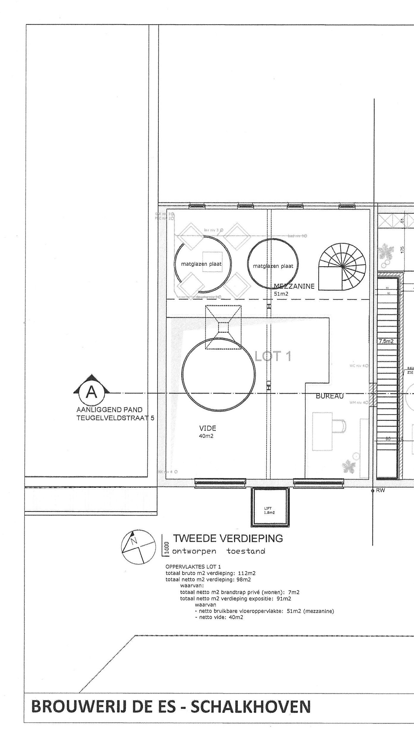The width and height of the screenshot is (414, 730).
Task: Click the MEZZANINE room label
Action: click(294, 286)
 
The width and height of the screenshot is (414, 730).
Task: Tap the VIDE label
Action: click(207, 428)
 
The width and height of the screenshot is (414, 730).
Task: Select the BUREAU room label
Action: click(330, 396)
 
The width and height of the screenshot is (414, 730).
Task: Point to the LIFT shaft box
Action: click(270, 511)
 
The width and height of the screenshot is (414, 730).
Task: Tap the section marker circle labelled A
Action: click(91, 393)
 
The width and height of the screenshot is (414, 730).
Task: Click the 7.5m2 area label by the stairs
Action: click(386, 341)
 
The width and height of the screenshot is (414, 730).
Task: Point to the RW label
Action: click(380, 491)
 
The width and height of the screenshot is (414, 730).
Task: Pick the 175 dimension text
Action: click(402, 249)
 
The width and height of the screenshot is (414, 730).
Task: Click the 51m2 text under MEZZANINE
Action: click(281, 294)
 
